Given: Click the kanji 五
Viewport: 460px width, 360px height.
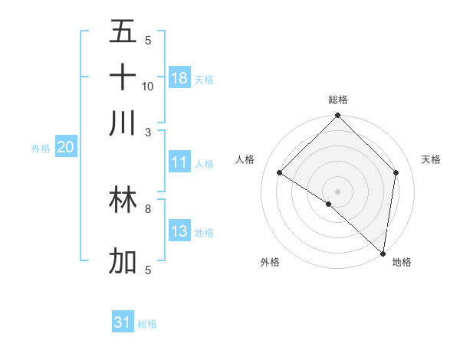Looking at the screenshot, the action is coord(123,32).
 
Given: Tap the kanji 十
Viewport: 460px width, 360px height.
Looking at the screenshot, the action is coord(123,77).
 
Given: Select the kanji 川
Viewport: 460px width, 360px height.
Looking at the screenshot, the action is coord(123,122).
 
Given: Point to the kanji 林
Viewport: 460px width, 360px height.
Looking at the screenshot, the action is coord(123,201).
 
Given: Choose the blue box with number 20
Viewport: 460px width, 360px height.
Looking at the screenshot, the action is coord(65,148).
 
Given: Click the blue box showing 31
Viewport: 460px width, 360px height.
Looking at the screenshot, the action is coord(123,322).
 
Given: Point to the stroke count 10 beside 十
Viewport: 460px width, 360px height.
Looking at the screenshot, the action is coord(148,86).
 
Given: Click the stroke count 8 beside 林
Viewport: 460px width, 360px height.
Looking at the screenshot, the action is coord(148,208).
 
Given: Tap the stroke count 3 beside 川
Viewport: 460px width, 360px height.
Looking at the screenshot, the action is coord(148,132).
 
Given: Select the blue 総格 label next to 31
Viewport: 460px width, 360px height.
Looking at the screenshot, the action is coord(147,324).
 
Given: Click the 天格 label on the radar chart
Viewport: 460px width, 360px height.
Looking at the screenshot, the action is coord(431,159).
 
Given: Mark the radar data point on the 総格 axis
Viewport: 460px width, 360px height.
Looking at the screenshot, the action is coord(337,116).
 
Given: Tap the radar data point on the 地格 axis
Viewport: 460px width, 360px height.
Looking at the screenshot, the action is coord(382,252).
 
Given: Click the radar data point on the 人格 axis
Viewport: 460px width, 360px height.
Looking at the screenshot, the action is coord(280,173).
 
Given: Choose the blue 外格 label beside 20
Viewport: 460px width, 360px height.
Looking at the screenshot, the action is coord(40,149).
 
